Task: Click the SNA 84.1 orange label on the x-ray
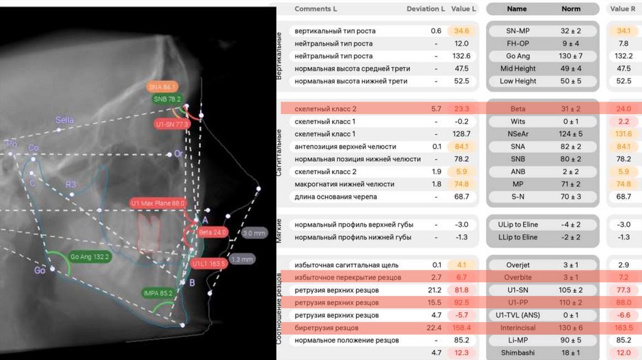(x=162, y=87)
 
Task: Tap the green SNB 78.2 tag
(x=167, y=99)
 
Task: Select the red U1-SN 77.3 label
(x=172, y=125)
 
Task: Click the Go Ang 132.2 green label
(x=90, y=257)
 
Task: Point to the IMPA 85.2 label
(x=157, y=292)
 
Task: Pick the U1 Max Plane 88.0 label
(x=158, y=203)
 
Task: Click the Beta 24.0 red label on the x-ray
(x=212, y=232)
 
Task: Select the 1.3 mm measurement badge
(x=242, y=259)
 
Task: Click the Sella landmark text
(x=65, y=120)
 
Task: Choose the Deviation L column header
(x=426, y=9)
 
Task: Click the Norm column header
(x=571, y=9)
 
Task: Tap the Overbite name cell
(x=517, y=277)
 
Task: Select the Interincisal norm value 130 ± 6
(x=571, y=328)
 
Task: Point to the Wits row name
(x=517, y=121)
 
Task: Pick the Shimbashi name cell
(x=517, y=353)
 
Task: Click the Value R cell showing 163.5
(x=624, y=328)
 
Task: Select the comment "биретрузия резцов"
(x=326, y=328)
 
